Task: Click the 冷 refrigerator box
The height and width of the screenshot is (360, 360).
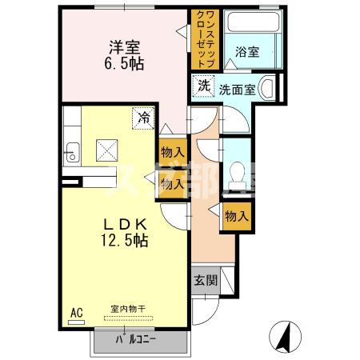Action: click(143, 118)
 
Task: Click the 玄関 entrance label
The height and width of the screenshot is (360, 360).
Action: click(203, 281)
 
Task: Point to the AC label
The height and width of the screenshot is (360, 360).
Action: click(78, 311)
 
